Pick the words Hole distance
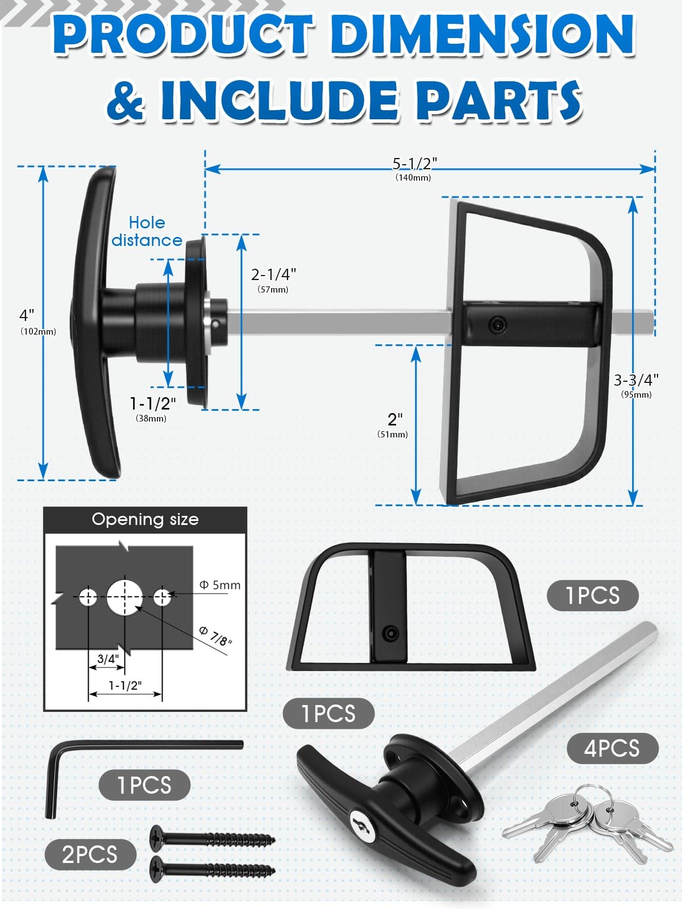tap(147, 231)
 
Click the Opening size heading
tap(145, 519)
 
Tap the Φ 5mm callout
tap(220, 585)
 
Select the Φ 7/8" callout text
tap(216, 636)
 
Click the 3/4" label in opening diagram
tap(108, 659)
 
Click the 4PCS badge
tap(612, 748)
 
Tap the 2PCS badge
tap(90, 854)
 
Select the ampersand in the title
tap(126, 101)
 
